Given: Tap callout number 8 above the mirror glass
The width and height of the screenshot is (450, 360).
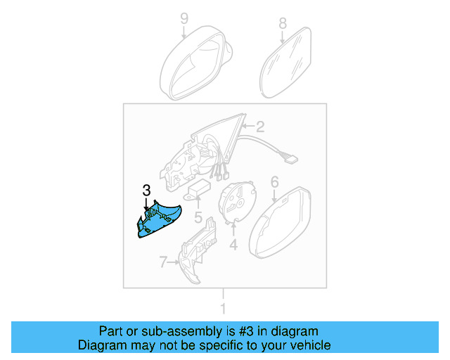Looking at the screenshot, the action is (x=283, y=22).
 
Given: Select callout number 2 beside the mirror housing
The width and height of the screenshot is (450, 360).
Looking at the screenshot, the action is (x=259, y=127).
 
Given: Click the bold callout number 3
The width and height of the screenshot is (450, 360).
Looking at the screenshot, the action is (x=146, y=190).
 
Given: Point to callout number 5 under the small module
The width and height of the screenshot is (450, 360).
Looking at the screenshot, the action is (x=199, y=218).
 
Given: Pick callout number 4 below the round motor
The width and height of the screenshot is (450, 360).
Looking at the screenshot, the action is (x=233, y=245).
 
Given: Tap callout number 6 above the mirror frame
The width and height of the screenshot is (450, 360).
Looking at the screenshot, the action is (x=274, y=183).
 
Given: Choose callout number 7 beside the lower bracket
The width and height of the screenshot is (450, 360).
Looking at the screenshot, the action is (x=163, y=263).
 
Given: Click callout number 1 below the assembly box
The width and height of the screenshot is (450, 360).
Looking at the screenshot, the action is (x=224, y=308).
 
